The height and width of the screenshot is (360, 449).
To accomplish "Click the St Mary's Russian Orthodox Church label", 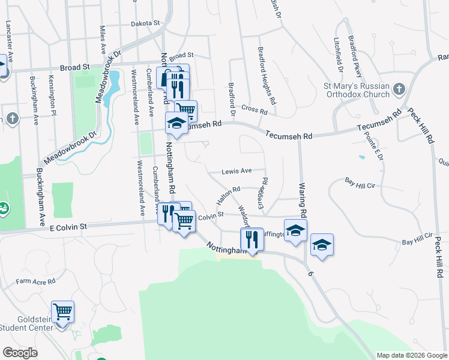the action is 357,89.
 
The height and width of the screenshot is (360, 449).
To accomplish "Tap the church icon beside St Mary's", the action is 399,90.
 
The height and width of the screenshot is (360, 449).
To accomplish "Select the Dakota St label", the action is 147,23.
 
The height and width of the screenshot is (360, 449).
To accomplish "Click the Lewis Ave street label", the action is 236,171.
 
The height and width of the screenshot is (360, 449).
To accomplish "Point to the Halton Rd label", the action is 229,194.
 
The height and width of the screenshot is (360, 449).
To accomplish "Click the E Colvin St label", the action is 69,226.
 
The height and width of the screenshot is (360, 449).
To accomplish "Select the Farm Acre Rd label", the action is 35,281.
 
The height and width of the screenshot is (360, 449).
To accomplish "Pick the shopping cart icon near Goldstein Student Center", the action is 62,311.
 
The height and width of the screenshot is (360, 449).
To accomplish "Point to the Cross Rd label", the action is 255,110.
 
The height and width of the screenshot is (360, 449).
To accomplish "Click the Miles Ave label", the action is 103,38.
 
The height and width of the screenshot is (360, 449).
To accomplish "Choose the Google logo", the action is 20,353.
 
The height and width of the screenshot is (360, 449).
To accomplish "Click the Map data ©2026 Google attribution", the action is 411,355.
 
